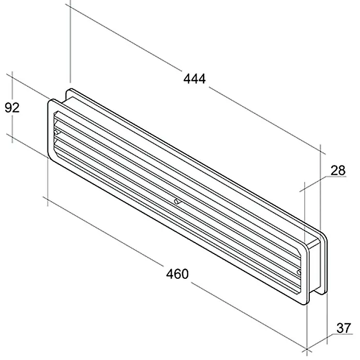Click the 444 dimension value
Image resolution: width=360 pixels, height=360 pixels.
[x=194, y=79]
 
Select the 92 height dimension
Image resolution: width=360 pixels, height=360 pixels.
[x=12, y=108]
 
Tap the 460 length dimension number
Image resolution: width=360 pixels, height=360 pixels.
[x=177, y=274]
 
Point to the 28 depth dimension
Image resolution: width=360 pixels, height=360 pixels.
[x=338, y=170]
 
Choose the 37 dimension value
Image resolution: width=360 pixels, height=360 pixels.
[x=344, y=328]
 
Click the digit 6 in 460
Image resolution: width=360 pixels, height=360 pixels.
[x=177, y=274]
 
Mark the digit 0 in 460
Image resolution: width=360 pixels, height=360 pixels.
[x=185, y=274]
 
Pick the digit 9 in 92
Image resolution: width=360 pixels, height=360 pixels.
[x=8, y=108]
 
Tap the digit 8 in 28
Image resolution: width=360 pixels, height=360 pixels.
[x=342, y=170]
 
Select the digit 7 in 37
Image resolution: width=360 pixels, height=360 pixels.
[x=348, y=328]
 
